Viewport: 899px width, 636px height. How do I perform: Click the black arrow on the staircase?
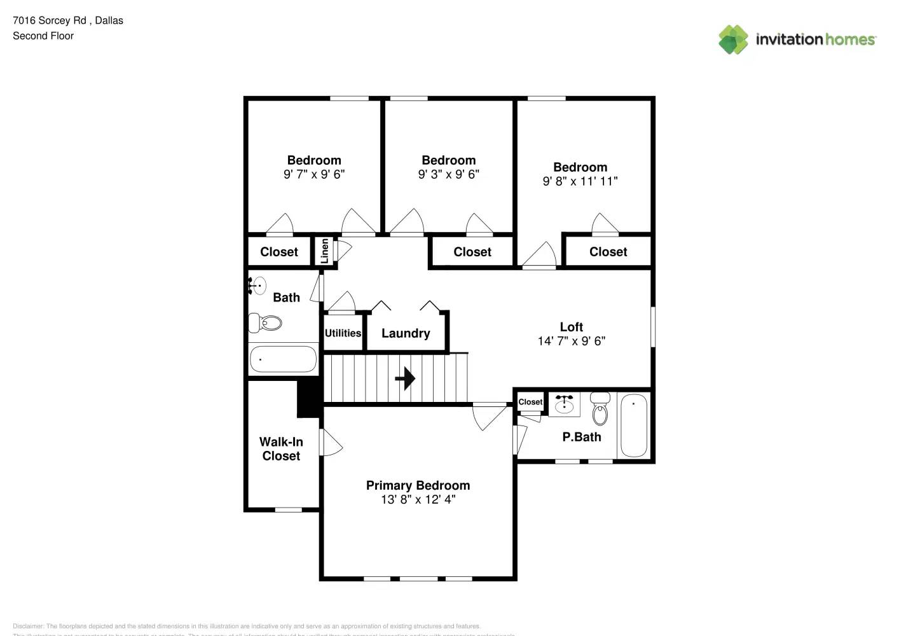tap(405, 378)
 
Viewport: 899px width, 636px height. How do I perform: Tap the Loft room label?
tap(571, 327)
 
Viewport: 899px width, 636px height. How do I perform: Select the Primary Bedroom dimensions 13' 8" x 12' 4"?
tap(418, 500)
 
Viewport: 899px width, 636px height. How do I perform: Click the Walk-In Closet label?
tap(281, 449)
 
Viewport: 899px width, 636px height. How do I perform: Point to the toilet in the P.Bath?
tap(600, 410)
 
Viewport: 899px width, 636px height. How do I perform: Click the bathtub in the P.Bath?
tap(633, 425)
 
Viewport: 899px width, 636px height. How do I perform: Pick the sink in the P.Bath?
tap(564, 404)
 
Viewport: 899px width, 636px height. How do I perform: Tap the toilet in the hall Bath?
tap(266, 323)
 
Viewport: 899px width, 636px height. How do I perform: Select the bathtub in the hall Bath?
tap(283, 359)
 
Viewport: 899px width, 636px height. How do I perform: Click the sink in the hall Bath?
tap(257, 286)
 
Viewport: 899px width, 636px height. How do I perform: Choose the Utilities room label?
tap(343, 333)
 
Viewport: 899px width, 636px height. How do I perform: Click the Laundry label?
tap(406, 333)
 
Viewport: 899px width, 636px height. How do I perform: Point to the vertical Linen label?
tap(325, 251)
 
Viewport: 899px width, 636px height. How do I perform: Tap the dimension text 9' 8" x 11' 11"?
tap(580, 181)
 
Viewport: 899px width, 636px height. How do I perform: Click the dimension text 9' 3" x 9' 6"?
tap(448, 174)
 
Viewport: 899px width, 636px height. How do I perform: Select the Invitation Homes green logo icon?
tap(733, 39)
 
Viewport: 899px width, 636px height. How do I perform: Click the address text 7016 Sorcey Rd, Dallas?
tap(68, 20)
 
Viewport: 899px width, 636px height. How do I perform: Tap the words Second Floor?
tap(43, 36)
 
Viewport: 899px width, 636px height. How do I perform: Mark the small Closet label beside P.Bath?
tap(530, 402)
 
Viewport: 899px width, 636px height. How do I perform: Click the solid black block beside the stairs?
tap(310, 397)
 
